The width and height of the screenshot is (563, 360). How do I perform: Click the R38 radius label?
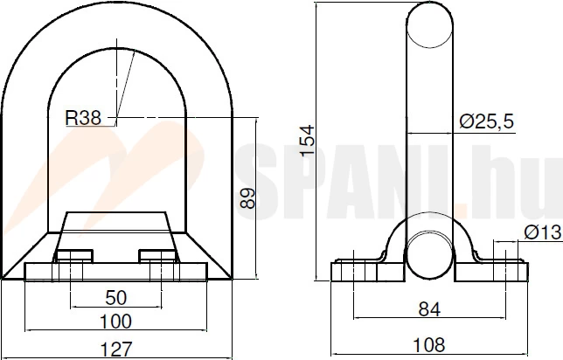coord(83,118)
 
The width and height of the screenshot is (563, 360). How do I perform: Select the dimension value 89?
coord(247,198)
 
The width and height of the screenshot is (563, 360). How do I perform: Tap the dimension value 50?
coord(116,298)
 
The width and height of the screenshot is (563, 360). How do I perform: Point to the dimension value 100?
coord(115,322)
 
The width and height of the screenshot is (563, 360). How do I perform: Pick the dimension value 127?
coord(115,349)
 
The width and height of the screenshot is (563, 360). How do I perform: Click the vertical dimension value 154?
coord(308,141)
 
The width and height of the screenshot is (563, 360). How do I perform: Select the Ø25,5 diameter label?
coord(487,121)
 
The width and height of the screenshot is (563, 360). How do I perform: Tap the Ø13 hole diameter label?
coord(542,232)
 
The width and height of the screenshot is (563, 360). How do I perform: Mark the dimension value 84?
coord(429,309)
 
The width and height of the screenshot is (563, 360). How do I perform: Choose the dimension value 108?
coord(429,345)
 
